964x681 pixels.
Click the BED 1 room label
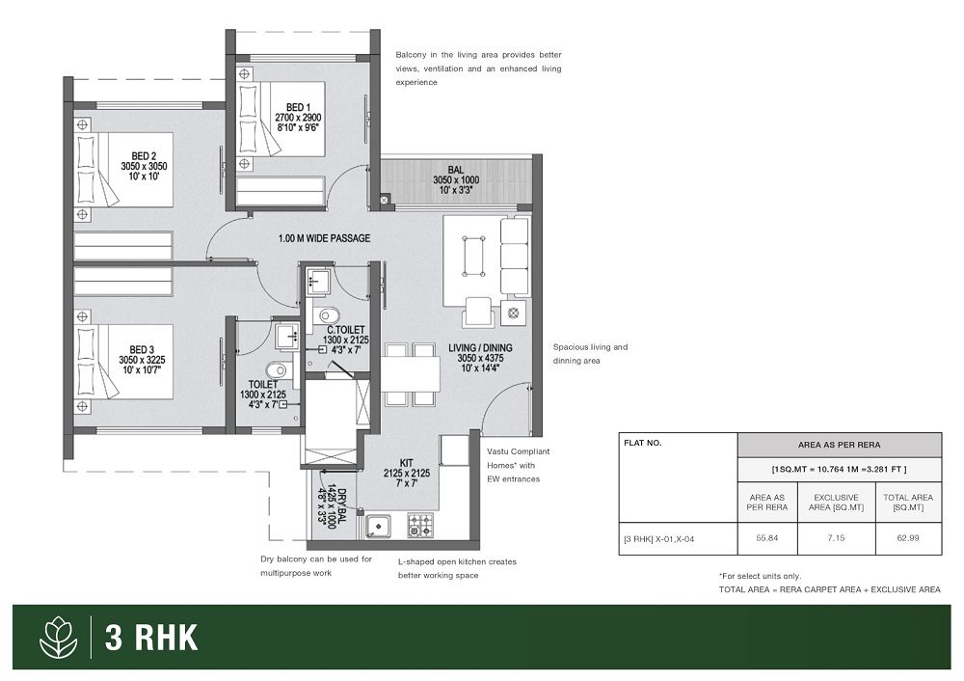pyautogui.click(x=298, y=108)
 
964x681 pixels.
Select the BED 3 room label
pyautogui.click(x=142, y=350)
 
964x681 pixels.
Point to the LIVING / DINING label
pyautogui.click(x=480, y=348)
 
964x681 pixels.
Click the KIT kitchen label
pyautogui.click(x=407, y=463)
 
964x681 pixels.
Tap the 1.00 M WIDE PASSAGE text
pyautogui.click(x=324, y=238)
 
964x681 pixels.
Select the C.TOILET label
pyautogui.click(x=345, y=330)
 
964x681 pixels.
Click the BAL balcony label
pyautogui.click(x=456, y=170)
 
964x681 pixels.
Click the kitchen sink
pyautogui.click(x=379, y=526)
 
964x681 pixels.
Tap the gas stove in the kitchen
pyautogui.click(x=420, y=526)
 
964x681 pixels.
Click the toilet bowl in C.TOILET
pyautogui.click(x=327, y=315)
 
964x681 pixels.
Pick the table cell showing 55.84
pyautogui.click(x=767, y=538)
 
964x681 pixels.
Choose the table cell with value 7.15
pyautogui.click(x=836, y=538)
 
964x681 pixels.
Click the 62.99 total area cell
pyautogui.click(x=908, y=538)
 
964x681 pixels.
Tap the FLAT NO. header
pyautogui.click(x=642, y=443)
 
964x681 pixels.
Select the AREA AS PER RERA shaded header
pyautogui.click(x=840, y=445)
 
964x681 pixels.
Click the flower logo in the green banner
pyautogui.click(x=59, y=638)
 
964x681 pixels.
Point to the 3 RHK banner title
pyautogui.click(x=151, y=638)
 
